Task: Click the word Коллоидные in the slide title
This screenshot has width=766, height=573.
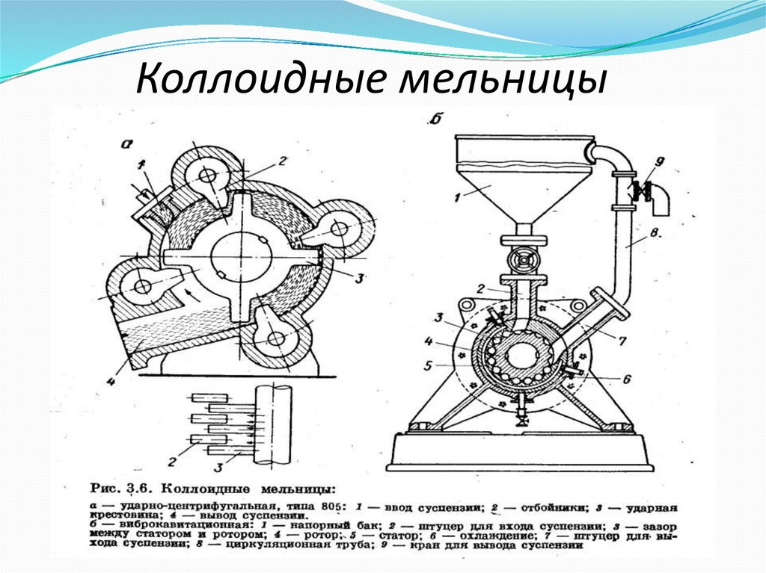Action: (x=257, y=81)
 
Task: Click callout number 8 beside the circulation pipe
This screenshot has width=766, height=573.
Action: (x=653, y=233)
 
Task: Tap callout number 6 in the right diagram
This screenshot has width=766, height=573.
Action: (x=626, y=379)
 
